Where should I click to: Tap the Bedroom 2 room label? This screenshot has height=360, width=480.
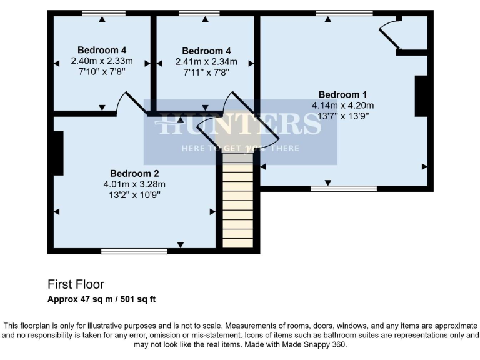pyautogui.click(x=135, y=173)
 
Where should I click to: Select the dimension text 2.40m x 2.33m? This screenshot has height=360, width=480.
pyautogui.click(x=102, y=61)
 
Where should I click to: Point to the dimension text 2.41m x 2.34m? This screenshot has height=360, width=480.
pyautogui.click(x=206, y=62)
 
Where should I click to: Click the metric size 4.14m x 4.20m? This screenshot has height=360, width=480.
pyautogui.click(x=342, y=106)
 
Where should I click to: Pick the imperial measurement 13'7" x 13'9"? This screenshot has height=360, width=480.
pyautogui.click(x=342, y=116)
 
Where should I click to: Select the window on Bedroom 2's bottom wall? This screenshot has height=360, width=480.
pyautogui.click(x=134, y=251)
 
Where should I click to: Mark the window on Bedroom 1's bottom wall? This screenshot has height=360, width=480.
pyautogui.click(x=344, y=187)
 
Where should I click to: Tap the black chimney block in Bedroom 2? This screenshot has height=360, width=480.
pyautogui.click(x=58, y=153)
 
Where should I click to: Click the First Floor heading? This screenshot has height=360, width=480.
pyautogui.click(x=76, y=284)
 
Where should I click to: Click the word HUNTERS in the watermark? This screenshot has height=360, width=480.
pyautogui.click(x=240, y=124)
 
